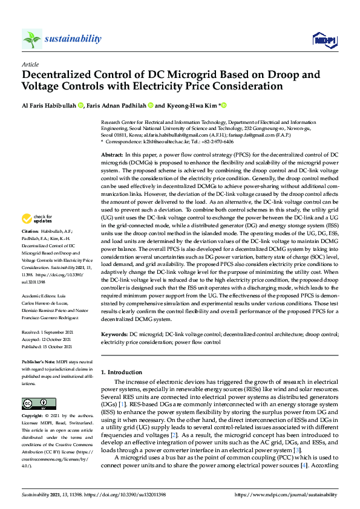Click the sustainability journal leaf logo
(31, 39)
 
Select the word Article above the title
(30, 63)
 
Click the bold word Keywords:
(114, 334)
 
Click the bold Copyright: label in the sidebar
(34, 417)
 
